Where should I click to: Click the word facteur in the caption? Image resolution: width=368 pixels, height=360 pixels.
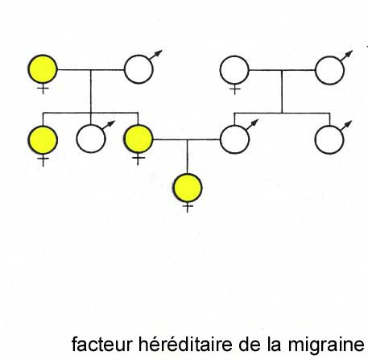102,344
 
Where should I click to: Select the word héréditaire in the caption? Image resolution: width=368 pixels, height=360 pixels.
185,344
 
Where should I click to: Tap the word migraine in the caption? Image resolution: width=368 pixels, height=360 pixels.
326,345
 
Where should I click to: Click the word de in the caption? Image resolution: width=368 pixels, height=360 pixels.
250,344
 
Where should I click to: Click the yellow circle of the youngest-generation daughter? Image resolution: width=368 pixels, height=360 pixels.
188,188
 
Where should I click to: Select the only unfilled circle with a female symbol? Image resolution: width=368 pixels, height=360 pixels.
234,70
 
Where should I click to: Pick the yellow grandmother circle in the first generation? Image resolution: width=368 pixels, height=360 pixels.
43,69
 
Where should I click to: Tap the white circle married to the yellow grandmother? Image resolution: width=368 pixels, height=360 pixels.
139,69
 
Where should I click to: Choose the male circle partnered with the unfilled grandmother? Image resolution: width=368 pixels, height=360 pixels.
329,70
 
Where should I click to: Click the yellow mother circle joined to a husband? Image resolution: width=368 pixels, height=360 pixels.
139,139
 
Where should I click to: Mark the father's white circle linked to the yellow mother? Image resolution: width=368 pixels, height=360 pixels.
234,139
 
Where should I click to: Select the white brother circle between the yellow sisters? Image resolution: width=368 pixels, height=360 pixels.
91,139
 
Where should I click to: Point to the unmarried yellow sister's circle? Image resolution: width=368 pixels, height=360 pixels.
43,140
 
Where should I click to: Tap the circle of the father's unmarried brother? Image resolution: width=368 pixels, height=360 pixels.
329,140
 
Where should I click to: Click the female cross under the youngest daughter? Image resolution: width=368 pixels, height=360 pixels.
188,207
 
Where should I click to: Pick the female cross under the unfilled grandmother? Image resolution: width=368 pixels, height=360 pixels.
234,89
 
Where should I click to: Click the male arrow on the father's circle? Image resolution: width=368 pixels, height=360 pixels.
252,124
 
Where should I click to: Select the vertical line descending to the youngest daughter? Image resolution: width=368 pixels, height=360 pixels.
187,156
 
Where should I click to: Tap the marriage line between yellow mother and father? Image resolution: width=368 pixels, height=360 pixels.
186,139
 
